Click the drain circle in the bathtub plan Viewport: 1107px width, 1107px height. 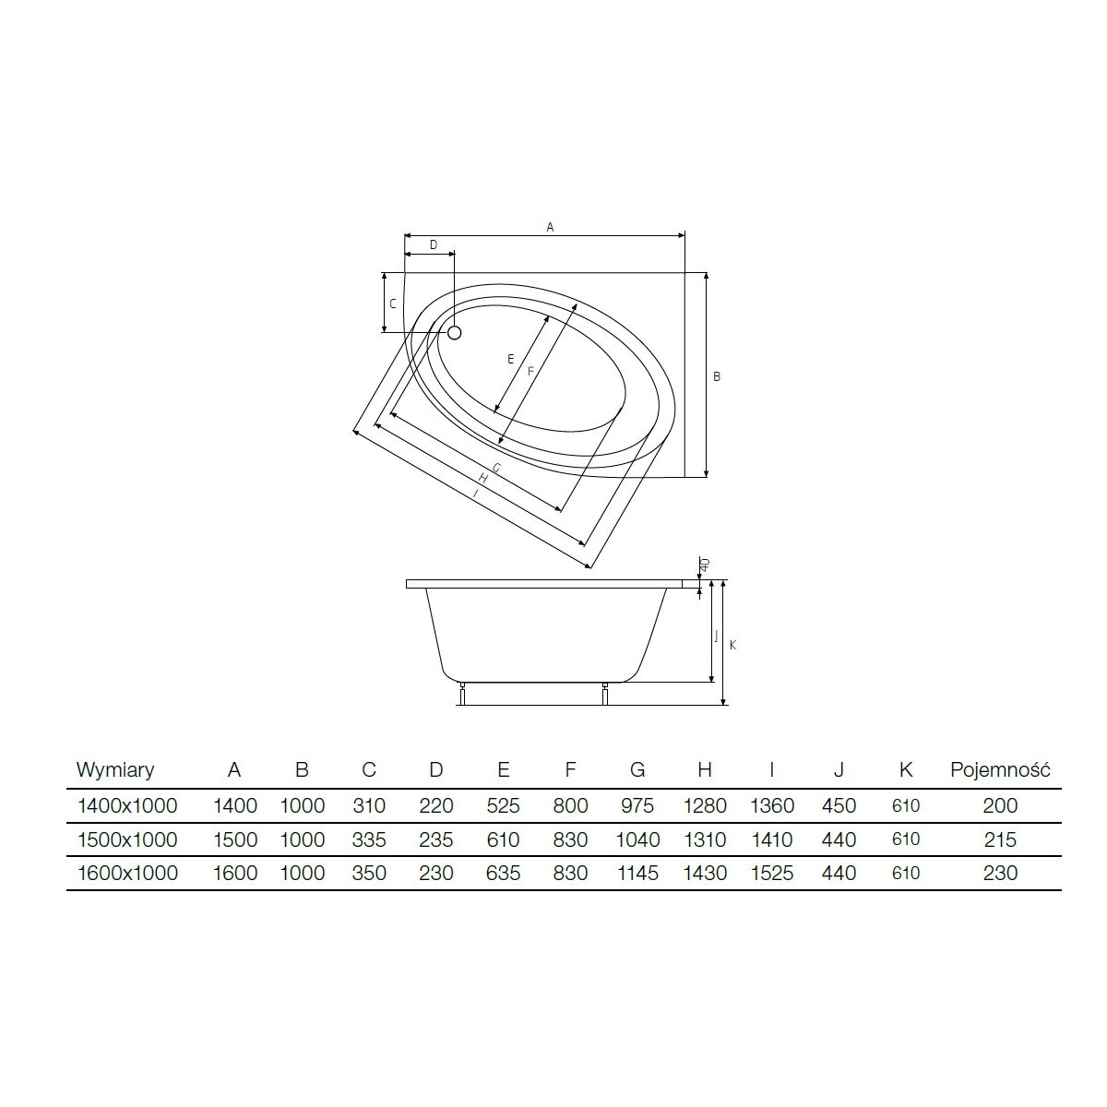click(x=454, y=333)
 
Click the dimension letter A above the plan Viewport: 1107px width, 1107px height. click(x=550, y=228)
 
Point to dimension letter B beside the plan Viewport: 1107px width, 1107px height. click(x=717, y=377)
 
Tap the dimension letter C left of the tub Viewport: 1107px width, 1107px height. click(x=393, y=304)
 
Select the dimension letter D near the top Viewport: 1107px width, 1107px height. click(x=434, y=245)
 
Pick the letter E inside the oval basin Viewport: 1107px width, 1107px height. click(x=511, y=360)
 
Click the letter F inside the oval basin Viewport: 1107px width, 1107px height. click(x=530, y=372)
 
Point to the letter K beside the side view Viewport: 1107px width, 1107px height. click(x=732, y=646)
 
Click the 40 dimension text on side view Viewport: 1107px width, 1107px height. click(x=705, y=565)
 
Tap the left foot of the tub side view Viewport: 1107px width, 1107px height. click(x=462, y=695)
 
